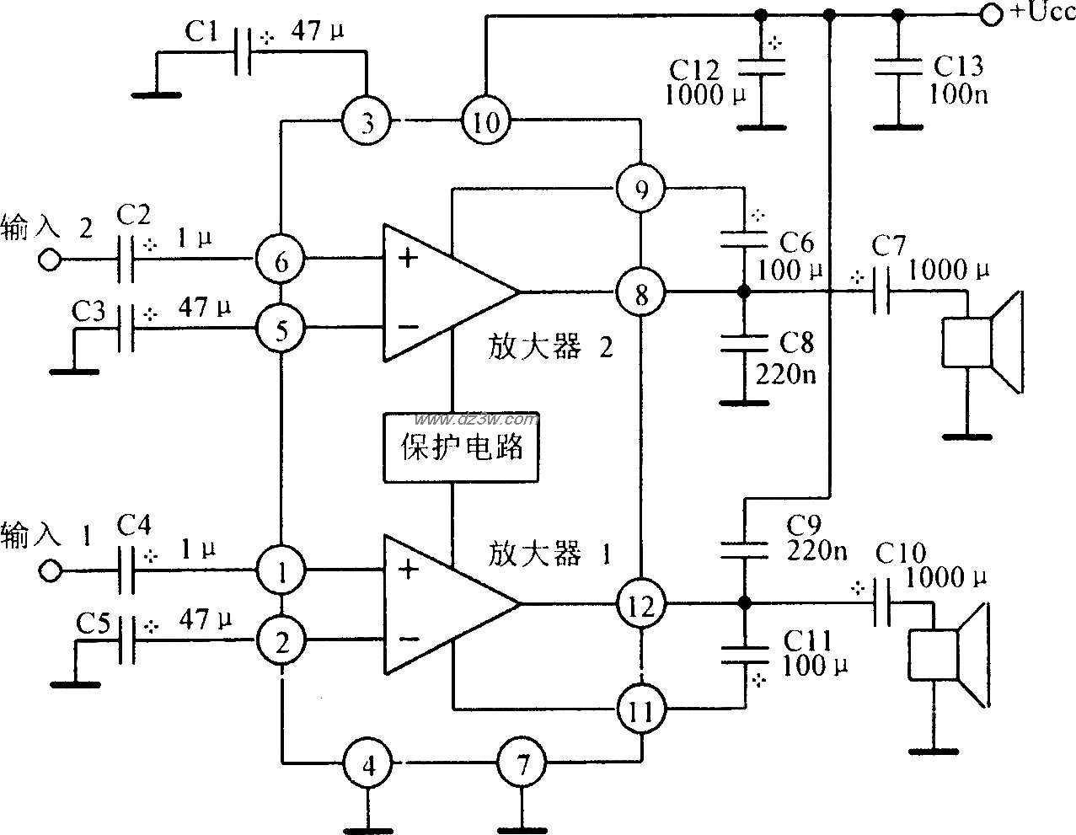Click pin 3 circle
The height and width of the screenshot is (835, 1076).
(366, 123)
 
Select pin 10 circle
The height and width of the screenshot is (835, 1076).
(485, 123)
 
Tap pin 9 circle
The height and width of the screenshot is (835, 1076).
(640, 189)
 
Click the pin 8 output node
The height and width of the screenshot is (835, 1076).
(640, 293)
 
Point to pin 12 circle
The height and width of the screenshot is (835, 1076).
(640, 604)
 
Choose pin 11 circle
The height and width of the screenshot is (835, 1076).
(640, 710)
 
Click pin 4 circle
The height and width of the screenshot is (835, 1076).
(367, 765)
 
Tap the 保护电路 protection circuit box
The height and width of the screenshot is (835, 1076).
(460, 447)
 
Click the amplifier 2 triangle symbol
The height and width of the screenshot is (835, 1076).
(438, 292)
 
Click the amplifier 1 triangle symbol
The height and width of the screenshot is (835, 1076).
(438, 604)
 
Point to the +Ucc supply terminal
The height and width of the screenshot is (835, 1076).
(992, 13)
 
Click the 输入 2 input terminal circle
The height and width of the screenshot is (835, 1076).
(50, 260)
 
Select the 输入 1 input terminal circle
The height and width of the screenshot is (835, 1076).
(50, 571)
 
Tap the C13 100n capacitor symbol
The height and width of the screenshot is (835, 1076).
(898, 67)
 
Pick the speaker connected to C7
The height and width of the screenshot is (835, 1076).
(982, 341)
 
